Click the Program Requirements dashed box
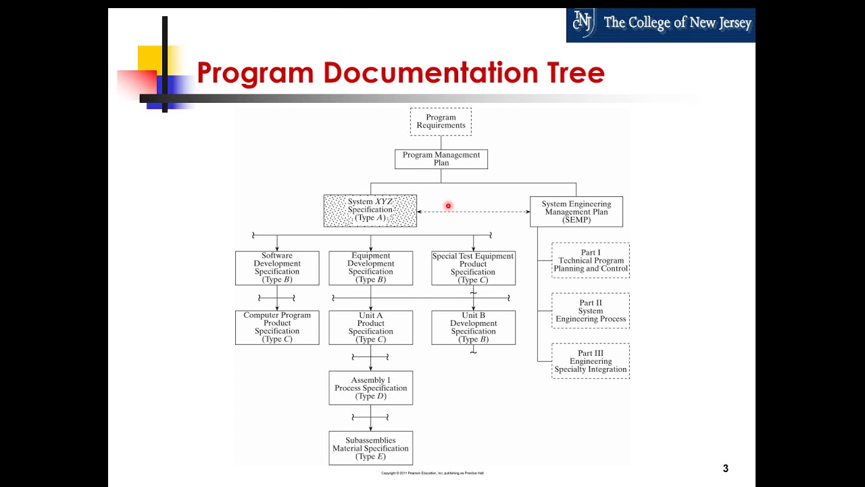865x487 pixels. coord(441,122)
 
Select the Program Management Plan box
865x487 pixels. coord(441,159)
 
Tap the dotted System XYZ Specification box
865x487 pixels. coord(370,210)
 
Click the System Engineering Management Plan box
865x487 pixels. coord(576,212)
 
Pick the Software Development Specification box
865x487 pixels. coord(277,268)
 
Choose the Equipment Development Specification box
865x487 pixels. coord(370,268)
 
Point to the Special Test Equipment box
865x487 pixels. coord(473,268)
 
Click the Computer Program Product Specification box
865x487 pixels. coord(277,327)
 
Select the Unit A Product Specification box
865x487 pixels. coord(370,327)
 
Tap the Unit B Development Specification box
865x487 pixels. coord(473,327)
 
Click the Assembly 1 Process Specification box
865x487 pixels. coord(370,388)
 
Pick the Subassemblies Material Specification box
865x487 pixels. coord(370,448)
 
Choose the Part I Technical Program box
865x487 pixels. coord(591,260)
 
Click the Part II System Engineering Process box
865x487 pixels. coord(591,310)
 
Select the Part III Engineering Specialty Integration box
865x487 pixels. coord(591,361)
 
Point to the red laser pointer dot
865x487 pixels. coord(448,206)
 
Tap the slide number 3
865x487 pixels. coord(726,468)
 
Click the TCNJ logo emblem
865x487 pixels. coord(583,23)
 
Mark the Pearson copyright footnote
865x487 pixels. coord(432,473)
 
